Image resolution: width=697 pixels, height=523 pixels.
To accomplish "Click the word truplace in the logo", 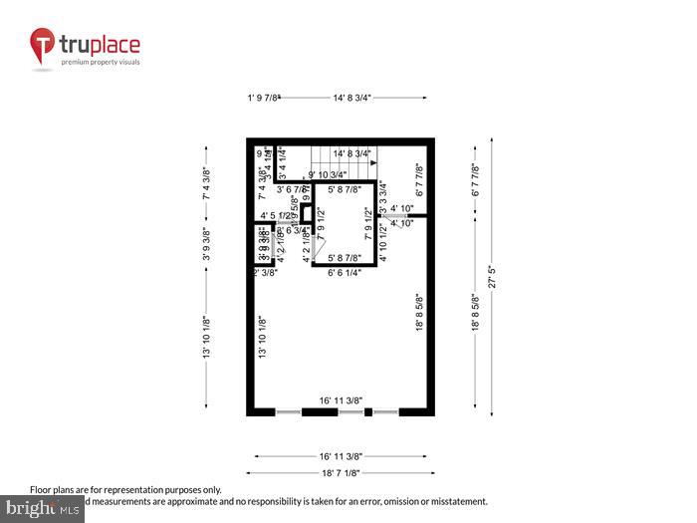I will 100,45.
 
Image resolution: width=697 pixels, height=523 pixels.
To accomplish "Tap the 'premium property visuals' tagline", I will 101,62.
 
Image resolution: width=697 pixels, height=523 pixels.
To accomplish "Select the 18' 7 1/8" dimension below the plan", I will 341,474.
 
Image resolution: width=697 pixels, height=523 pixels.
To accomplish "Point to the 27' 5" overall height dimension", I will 491,276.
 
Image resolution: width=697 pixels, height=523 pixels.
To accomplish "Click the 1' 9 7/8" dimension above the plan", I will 265,98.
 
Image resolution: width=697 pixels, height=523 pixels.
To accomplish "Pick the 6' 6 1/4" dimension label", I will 346,271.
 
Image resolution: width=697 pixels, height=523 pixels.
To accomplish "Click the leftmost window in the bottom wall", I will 289,411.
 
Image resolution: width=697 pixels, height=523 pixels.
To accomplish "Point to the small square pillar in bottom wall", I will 368,411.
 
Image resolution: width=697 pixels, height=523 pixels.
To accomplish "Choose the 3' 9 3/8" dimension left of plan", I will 207,245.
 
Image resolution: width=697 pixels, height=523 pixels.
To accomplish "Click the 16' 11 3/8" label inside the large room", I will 339,399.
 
